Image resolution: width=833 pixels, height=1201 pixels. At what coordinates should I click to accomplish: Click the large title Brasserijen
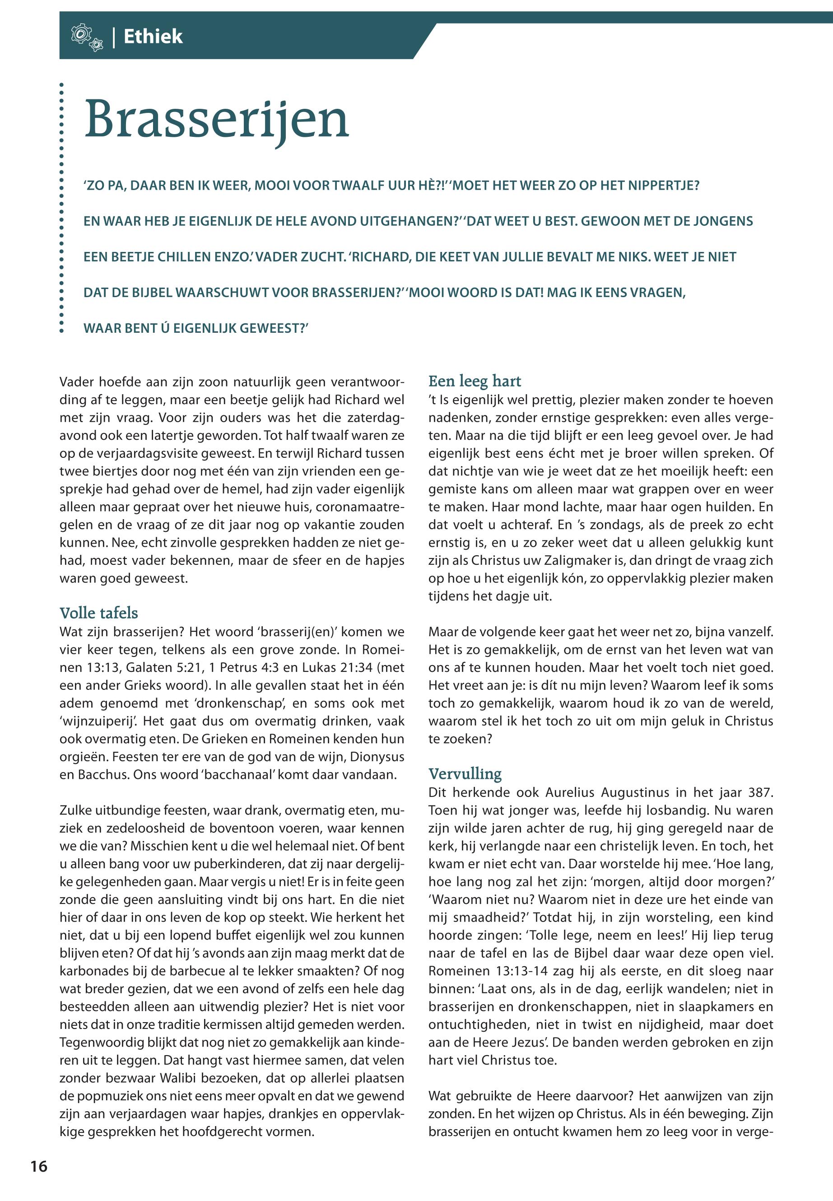pyautogui.click(x=216, y=121)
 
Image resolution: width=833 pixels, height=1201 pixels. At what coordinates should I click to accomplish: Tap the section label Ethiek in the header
pyautogui.click(x=153, y=37)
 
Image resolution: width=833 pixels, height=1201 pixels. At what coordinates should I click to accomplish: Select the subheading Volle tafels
pyautogui.click(x=98, y=613)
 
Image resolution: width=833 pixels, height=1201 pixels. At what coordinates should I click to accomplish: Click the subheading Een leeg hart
pyautogui.click(x=475, y=381)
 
